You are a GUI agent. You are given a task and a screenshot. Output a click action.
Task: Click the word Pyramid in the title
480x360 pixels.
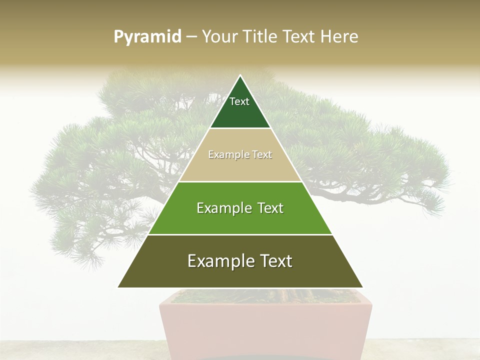[147, 36]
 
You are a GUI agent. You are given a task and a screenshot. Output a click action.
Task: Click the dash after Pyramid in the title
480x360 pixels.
[191, 37]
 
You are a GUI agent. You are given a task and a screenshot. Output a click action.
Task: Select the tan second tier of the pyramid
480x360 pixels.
[240, 167]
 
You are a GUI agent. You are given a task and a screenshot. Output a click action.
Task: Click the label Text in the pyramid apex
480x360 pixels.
[239, 101]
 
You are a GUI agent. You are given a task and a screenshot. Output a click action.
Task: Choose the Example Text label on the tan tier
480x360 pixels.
[240, 154]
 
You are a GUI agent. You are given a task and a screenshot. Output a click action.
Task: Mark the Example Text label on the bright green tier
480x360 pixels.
[240, 208]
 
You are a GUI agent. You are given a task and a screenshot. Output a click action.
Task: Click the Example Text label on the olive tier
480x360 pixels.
[240, 261]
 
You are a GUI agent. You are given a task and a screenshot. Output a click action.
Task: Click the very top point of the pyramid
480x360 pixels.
[240, 76]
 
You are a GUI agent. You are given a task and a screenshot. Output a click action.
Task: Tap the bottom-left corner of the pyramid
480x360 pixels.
[119, 286]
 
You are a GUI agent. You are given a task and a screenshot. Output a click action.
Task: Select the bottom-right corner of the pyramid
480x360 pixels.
[361, 286]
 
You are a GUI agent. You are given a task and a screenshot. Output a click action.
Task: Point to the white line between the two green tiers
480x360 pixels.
[240, 234]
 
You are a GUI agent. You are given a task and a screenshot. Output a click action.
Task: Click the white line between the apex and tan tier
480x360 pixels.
[240, 128]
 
